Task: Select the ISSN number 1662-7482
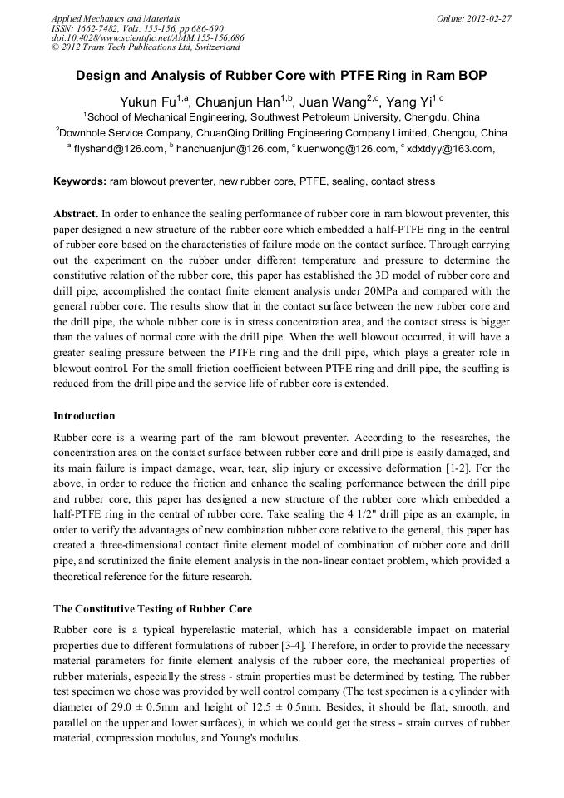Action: click(97, 28)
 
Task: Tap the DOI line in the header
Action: click(147, 38)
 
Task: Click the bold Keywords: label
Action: click(80, 181)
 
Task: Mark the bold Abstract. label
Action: click(76, 213)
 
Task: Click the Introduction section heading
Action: click(84, 415)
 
